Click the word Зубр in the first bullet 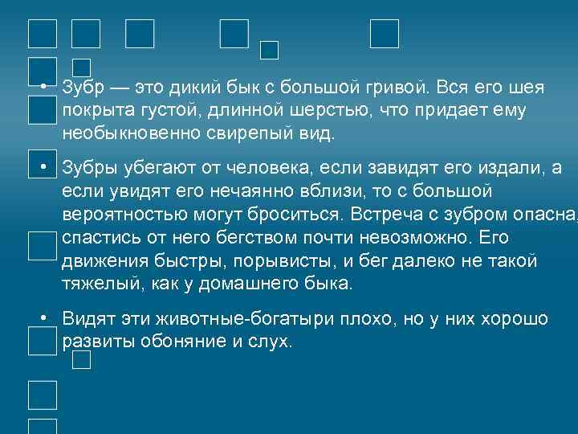(x=83, y=87)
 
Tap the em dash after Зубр (x=120, y=87)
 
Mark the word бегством (x=259, y=239)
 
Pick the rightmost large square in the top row (x=385, y=33)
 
